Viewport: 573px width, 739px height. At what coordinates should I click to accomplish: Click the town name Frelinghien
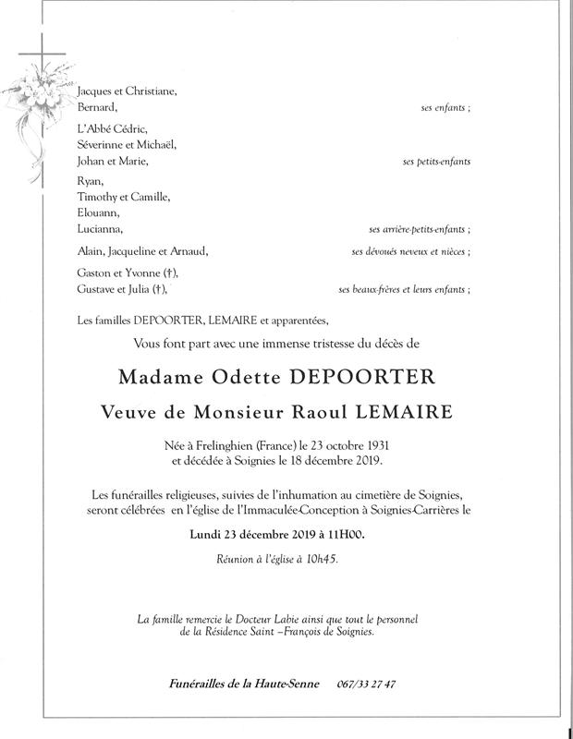[228, 444]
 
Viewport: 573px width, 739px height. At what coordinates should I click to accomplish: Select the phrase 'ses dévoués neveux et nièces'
[409, 251]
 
